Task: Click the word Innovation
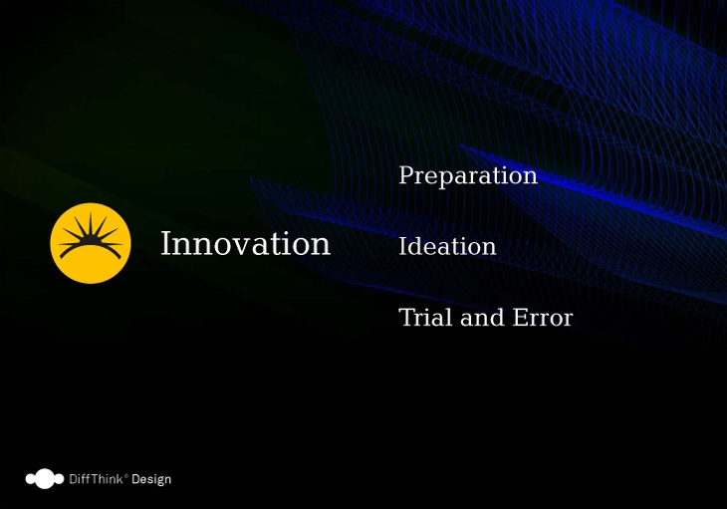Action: [x=245, y=243]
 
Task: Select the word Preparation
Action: [x=468, y=176]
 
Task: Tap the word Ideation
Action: [x=447, y=246]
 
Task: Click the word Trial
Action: [x=425, y=317]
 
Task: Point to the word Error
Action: [x=543, y=318]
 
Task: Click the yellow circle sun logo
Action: [x=91, y=243]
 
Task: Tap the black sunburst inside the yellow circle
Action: [x=91, y=234]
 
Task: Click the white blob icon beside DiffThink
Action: [x=45, y=479]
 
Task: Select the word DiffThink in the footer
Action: [x=96, y=479]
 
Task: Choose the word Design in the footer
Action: [x=151, y=479]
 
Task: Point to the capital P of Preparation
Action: [x=406, y=174]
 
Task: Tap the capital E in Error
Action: [x=520, y=318]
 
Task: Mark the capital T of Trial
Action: [x=406, y=317]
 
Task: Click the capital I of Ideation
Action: [x=404, y=246]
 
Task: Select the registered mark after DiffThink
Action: [x=126, y=475]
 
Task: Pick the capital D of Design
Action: [x=135, y=479]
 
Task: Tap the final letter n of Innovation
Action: [x=321, y=247]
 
